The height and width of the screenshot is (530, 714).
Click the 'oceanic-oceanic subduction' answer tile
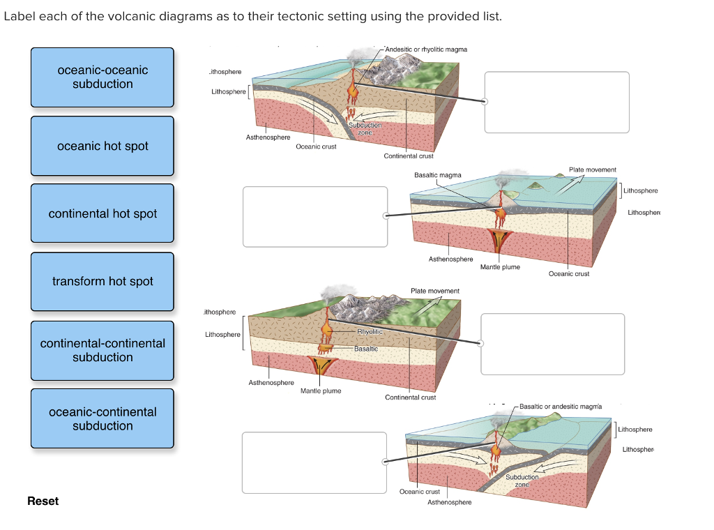click(x=102, y=77)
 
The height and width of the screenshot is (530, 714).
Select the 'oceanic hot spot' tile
click(x=102, y=146)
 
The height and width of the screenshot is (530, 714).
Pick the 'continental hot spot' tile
click(x=102, y=213)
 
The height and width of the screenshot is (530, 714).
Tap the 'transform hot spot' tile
click(x=102, y=281)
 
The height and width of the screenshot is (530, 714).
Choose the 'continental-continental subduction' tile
click(x=102, y=350)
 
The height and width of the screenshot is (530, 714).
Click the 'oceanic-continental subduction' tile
click(x=102, y=418)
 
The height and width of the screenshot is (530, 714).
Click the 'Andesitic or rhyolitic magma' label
click(x=425, y=50)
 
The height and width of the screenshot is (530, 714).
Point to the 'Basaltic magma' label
click(x=437, y=175)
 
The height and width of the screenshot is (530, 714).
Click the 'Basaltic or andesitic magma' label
click(x=561, y=406)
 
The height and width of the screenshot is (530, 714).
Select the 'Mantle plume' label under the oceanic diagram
click(x=500, y=267)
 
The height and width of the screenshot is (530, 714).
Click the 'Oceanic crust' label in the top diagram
click(x=316, y=146)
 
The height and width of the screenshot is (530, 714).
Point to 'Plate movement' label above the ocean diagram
click(x=592, y=169)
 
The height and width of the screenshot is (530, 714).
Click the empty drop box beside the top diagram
click(x=556, y=102)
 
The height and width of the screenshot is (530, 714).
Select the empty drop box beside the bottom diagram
click(x=314, y=462)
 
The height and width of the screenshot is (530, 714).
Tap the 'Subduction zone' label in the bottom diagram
click(x=522, y=480)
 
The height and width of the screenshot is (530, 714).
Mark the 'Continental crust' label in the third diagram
click(x=410, y=397)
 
